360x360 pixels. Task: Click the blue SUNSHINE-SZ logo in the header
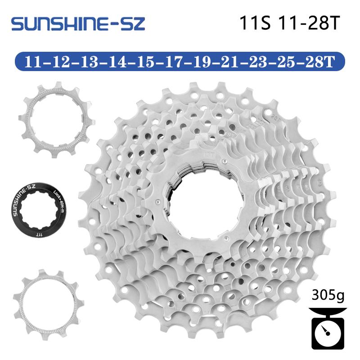78,23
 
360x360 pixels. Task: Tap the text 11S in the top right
255,24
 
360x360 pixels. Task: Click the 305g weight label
327,296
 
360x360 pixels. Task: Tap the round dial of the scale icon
327,332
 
